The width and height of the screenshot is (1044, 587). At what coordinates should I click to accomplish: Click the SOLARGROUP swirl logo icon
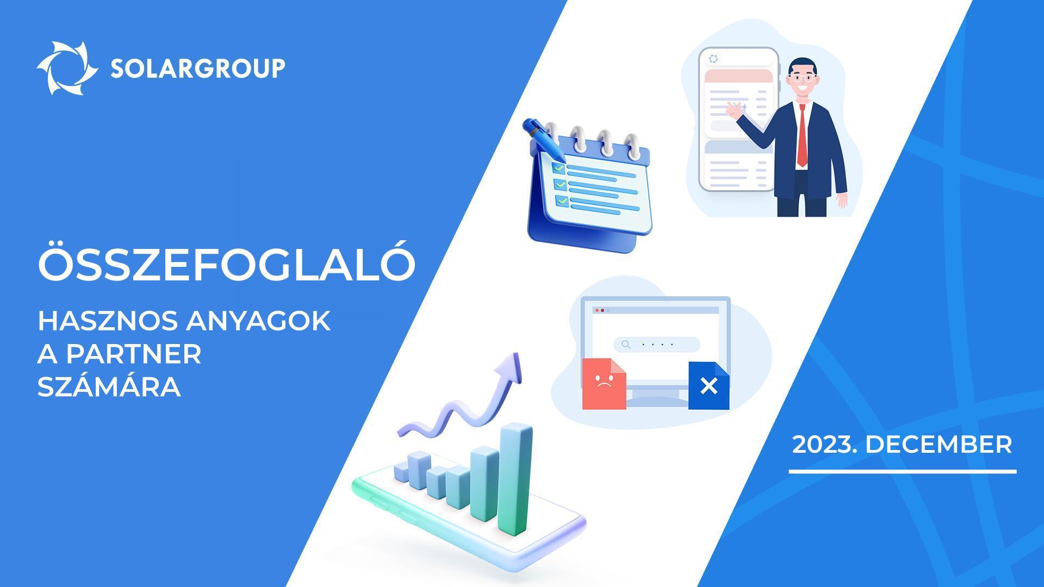(x=67, y=68)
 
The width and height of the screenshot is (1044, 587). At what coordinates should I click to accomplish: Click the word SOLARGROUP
(x=198, y=68)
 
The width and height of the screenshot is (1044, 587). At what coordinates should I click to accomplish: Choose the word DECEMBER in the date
(x=939, y=445)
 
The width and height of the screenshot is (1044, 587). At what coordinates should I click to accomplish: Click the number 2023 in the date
(x=821, y=445)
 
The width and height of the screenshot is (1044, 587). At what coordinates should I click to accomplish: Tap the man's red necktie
(x=802, y=135)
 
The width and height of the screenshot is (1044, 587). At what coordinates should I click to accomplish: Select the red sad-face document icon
(x=604, y=383)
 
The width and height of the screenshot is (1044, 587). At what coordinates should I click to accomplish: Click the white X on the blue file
(x=709, y=386)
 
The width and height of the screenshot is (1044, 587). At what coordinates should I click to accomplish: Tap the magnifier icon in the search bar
(x=626, y=344)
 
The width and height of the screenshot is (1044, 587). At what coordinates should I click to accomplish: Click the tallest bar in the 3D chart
(x=515, y=478)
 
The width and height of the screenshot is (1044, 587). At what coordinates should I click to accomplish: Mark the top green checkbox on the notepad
(x=558, y=168)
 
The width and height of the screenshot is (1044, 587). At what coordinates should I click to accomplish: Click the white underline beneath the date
(x=903, y=471)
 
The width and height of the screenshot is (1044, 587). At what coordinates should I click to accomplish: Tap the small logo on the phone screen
(x=714, y=59)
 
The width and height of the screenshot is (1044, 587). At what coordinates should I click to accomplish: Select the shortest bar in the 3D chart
(x=400, y=472)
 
